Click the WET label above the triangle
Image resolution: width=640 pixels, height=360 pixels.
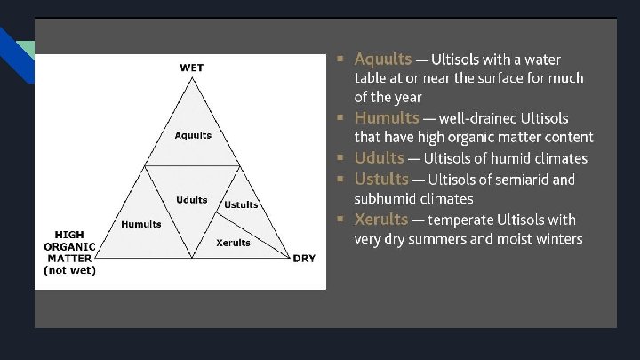click(191, 68)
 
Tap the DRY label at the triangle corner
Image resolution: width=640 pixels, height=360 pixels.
click(303, 259)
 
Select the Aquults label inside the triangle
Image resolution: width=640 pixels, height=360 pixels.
click(192, 135)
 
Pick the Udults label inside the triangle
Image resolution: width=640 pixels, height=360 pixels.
click(191, 200)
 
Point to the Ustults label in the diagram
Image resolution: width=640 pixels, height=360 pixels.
click(241, 205)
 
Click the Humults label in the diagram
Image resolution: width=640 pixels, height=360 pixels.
click(141, 224)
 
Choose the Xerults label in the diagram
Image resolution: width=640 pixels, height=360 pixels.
click(234, 243)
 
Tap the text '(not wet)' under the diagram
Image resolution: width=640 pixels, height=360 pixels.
click(70, 270)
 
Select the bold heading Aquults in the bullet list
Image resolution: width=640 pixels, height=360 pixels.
click(382, 60)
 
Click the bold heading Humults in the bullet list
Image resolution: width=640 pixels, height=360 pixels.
click(387, 117)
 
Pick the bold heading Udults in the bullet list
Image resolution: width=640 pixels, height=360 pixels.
click(379, 158)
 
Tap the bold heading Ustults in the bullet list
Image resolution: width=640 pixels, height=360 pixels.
click(380, 180)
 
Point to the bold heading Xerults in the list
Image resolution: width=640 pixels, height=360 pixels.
click(380, 220)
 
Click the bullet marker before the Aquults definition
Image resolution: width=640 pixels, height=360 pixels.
click(340, 60)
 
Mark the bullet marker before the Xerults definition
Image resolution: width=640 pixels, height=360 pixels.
click(340, 220)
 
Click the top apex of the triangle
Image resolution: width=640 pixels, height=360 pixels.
click(191, 78)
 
